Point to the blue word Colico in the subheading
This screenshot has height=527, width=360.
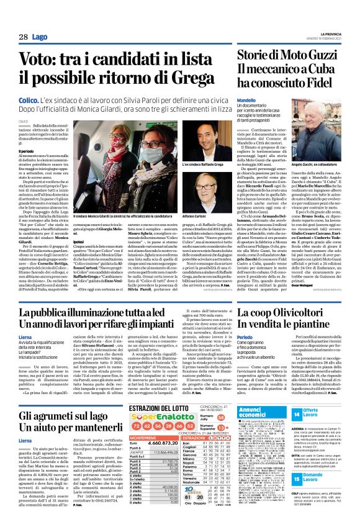(30, 99)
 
